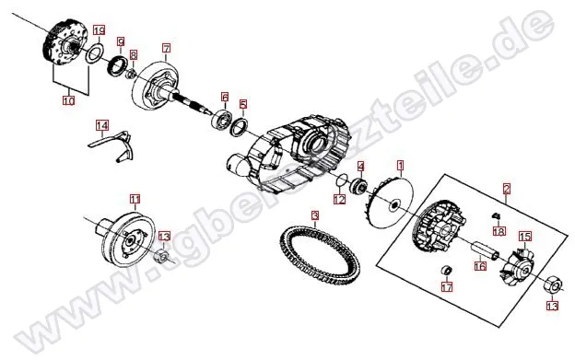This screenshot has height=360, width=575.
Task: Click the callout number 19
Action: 99,30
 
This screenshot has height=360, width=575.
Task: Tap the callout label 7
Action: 166,48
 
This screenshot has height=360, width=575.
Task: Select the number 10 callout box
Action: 69,100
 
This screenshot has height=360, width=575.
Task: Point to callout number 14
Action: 102,125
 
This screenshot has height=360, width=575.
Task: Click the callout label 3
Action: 315,215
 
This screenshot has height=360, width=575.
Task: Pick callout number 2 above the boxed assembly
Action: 507,189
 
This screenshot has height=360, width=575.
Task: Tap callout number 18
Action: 499,231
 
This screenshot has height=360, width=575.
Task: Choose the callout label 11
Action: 135,199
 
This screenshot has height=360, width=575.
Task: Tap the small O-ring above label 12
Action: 342,180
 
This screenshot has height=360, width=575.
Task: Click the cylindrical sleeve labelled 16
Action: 485,250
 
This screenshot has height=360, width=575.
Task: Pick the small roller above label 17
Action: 446,271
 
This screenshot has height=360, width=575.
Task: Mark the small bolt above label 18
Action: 496,215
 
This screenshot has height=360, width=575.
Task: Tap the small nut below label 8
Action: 131,75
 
